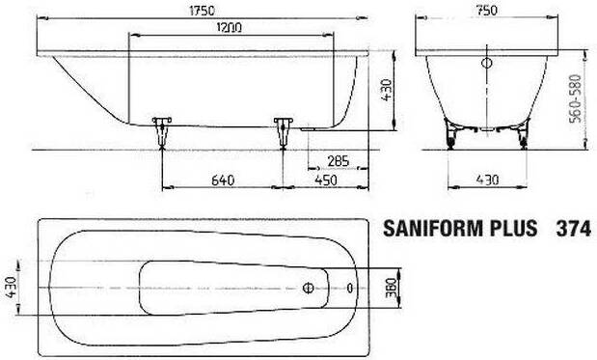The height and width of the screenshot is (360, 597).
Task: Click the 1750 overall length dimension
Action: pyautogui.click(x=202, y=11)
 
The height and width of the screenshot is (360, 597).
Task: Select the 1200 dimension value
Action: pyautogui.click(x=229, y=28)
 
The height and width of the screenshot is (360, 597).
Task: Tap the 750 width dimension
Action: pyautogui.click(x=487, y=11)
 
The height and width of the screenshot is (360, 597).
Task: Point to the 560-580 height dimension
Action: pyautogui.click(x=575, y=98)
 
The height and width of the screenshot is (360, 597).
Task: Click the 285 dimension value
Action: pyautogui.click(x=339, y=161)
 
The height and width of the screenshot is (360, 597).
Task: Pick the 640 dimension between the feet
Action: pyautogui.click(x=223, y=180)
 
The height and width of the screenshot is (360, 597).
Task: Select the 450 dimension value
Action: pyautogui.click(x=326, y=180)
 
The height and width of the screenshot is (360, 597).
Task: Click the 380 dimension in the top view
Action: pyautogui.click(x=391, y=288)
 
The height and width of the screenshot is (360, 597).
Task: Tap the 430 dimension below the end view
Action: pyautogui.click(x=487, y=180)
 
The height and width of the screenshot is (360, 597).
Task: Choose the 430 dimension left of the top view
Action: pyautogui.click(x=12, y=288)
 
